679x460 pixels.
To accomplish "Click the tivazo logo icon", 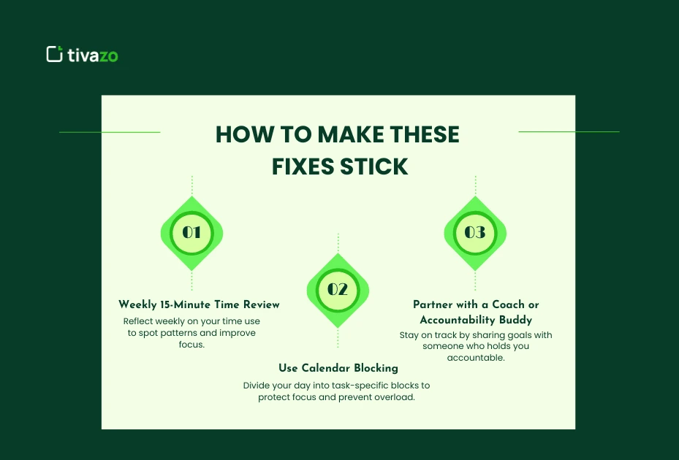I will pyautogui.click(x=54, y=54).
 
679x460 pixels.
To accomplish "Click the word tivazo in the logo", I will pyautogui.click(x=92, y=55).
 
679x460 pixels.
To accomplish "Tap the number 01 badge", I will pyautogui.click(x=191, y=233).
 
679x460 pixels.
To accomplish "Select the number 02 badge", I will pyautogui.click(x=338, y=290).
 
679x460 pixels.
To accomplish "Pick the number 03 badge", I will pyautogui.click(x=475, y=233).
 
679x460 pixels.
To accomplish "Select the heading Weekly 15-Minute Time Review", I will pyautogui.click(x=199, y=304).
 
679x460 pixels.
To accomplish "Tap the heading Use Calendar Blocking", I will pyautogui.click(x=338, y=368).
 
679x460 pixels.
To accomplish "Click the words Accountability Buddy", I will pyautogui.click(x=475, y=320).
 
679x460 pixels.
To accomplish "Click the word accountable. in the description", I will pyautogui.click(x=475, y=358).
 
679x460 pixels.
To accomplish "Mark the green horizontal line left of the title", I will pyautogui.click(x=110, y=132).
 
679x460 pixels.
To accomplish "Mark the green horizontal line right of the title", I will pyautogui.click(x=569, y=132).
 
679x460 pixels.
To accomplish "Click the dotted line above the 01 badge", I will pyautogui.click(x=191, y=185).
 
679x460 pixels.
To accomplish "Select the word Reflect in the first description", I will pyautogui.click(x=139, y=321).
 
